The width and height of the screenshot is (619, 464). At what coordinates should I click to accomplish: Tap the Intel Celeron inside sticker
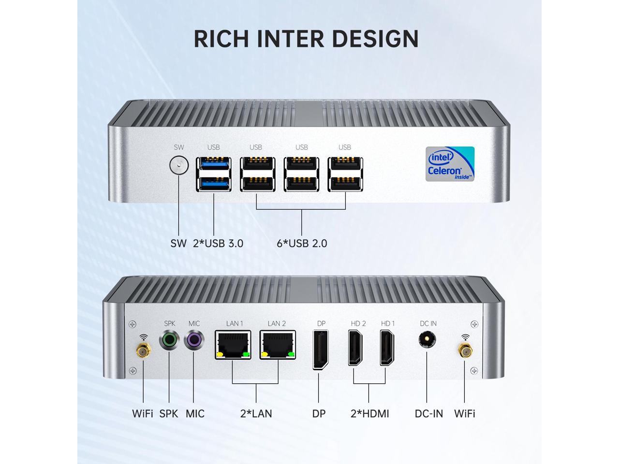tap(450, 164)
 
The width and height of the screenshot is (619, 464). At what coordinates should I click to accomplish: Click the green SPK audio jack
tap(169, 341)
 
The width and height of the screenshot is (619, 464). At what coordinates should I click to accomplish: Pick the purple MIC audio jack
tap(194, 341)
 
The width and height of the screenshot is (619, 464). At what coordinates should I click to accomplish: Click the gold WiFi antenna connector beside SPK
tap(143, 351)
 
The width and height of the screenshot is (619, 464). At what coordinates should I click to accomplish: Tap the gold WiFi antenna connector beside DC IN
tap(466, 351)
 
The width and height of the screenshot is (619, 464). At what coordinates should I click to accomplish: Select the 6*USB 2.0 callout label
tap(302, 243)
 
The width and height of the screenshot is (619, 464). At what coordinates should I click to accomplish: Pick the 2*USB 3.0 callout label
tap(218, 243)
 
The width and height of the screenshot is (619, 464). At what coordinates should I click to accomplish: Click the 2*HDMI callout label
tap(369, 414)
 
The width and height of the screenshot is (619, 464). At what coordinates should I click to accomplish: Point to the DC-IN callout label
tap(428, 414)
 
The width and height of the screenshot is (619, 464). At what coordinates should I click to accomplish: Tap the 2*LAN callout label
tap(256, 414)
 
